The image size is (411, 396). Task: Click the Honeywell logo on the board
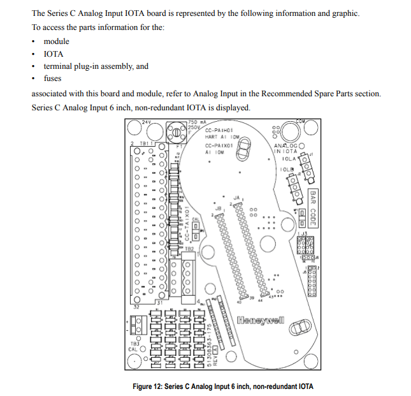(x=261, y=318)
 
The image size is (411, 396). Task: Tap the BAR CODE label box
(x=312, y=208)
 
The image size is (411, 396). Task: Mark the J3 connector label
(x=304, y=235)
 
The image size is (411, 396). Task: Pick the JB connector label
(x=218, y=207)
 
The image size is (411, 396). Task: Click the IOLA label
(x=289, y=158)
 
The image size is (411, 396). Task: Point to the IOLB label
(x=287, y=170)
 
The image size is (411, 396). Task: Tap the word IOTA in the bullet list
(x=54, y=54)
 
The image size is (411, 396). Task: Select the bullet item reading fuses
(x=53, y=78)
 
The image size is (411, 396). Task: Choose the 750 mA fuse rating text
(x=197, y=121)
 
